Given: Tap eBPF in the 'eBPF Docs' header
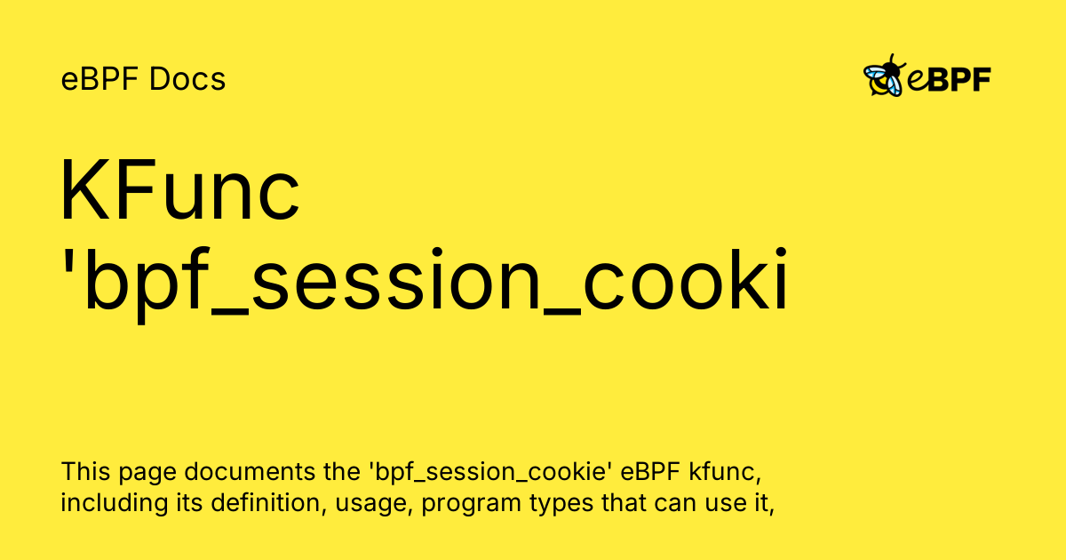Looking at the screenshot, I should [x=100, y=80].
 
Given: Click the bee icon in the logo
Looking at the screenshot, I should [x=883, y=77].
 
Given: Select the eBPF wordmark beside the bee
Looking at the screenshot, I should [x=949, y=80].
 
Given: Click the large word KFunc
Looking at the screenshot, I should [x=180, y=192].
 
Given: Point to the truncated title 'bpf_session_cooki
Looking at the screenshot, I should [x=425, y=283].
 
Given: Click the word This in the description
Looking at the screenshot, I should [x=83, y=470].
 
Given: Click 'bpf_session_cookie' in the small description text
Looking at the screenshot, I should [x=469, y=471].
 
